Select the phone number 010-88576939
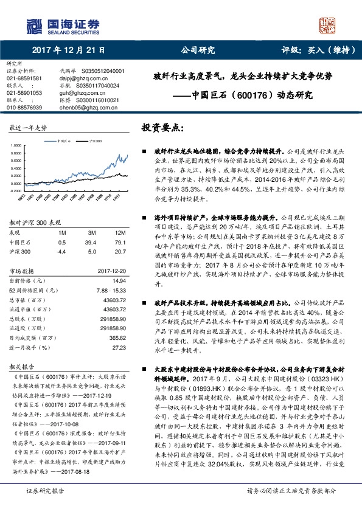coord(24,107)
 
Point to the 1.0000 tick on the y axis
coord(16,145)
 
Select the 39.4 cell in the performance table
coord(92,242)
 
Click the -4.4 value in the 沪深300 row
coord(61,251)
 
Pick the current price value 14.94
coord(119,280)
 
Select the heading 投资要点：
coord(162,128)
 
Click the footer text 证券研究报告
coord(44,507)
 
